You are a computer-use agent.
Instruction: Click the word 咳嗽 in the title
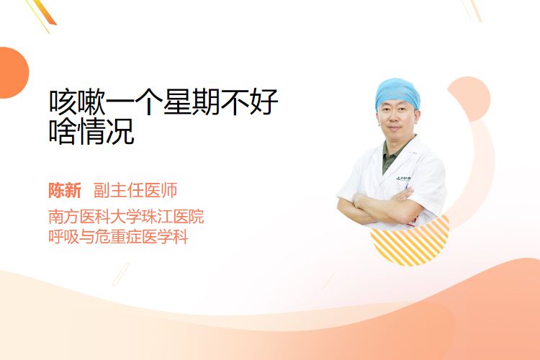77,102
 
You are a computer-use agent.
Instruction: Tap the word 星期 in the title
192,102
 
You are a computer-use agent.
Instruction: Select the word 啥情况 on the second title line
91,131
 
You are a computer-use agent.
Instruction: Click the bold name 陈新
65,190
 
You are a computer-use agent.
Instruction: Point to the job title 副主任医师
135,190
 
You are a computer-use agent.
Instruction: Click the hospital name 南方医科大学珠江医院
126,216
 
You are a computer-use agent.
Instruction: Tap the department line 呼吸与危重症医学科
118,237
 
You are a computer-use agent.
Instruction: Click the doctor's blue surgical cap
397,92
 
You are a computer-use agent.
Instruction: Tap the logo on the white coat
403,179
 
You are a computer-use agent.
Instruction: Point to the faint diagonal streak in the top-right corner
472,10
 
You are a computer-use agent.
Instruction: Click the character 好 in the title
263,102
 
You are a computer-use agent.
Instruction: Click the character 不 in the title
234,102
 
